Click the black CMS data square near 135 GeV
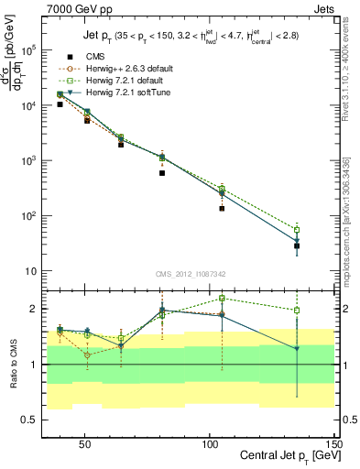point(297,245)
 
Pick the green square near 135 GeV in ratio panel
point(297,310)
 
